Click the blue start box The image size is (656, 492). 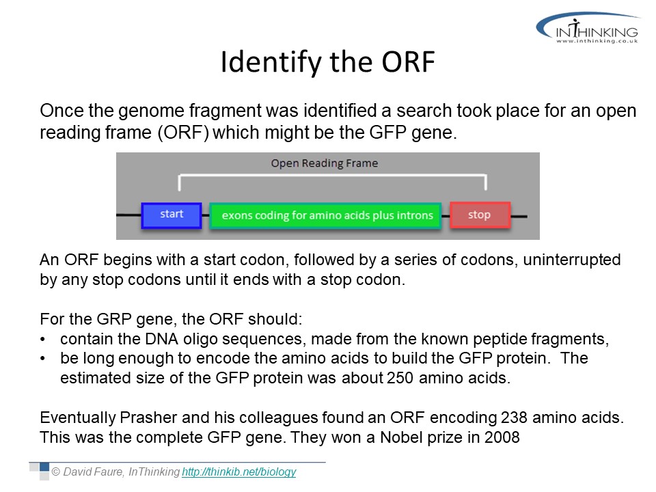[172, 215]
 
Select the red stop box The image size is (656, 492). [480, 215]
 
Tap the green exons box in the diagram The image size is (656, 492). [325, 215]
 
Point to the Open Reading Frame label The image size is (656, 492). [324, 163]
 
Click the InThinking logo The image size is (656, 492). [588, 27]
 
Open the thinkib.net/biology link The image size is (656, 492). [239, 472]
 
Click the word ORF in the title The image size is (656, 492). [408, 62]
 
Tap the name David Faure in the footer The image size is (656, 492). [93, 472]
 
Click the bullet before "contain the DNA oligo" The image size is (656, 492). [42, 340]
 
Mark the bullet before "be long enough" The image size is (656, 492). [42, 359]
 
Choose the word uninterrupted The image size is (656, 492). [572, 260]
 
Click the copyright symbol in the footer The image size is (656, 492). [55, 472]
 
